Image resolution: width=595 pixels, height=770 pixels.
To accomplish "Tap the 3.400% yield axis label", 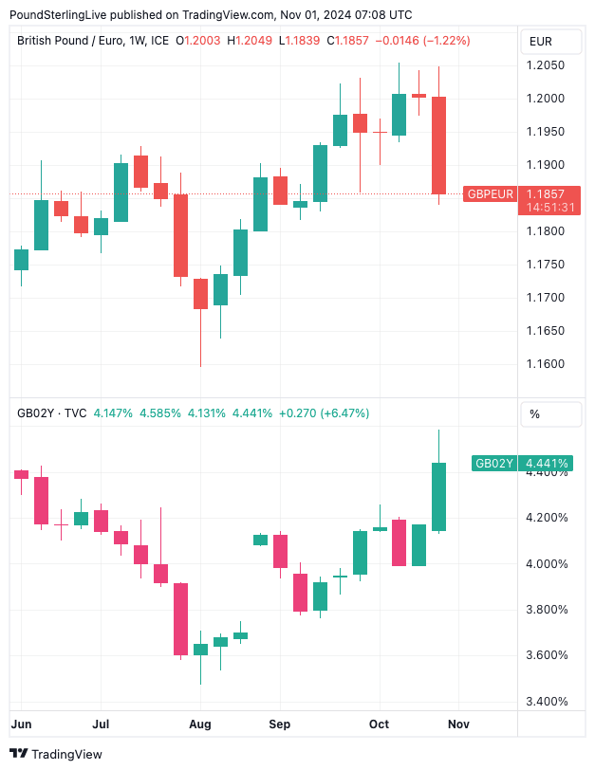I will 548,702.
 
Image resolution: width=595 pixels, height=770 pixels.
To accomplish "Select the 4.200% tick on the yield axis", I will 548,518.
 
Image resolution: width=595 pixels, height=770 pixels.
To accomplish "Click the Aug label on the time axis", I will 199,724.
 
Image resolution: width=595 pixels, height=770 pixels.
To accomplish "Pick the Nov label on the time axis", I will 458,724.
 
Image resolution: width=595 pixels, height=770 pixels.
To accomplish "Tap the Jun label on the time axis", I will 20,724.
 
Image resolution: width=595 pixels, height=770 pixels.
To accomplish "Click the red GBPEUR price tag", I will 490,194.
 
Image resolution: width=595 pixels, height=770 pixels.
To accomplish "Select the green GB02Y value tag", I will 494,464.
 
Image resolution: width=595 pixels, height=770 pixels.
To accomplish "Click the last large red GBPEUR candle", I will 438,145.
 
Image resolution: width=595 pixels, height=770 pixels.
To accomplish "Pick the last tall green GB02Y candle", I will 438,496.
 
